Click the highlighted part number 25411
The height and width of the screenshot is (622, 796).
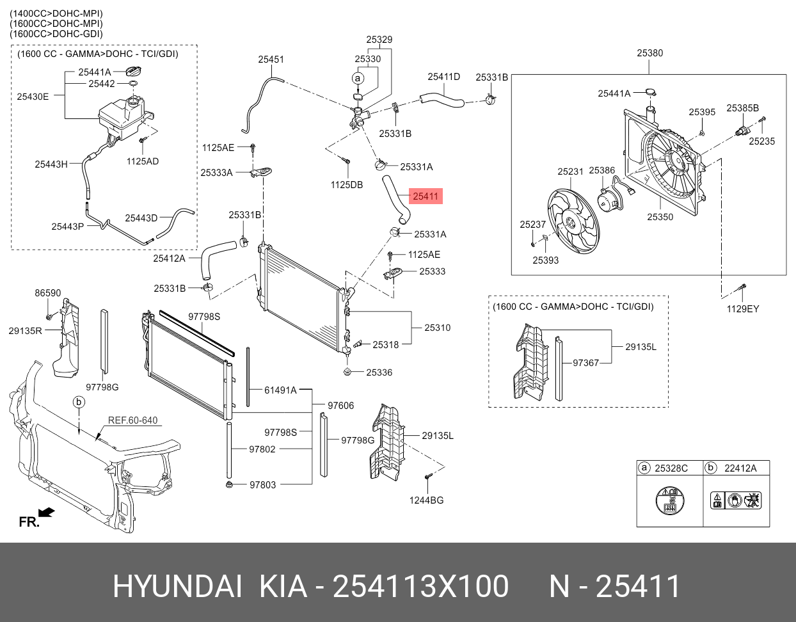(x=426, y=196)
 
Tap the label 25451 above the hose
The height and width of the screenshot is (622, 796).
(x=271, y=60)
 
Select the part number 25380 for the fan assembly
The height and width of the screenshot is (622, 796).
(x=649, y=53)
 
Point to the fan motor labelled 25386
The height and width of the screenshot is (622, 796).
(x=609, y=201)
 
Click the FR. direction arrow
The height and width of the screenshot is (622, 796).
(x=46, y=513)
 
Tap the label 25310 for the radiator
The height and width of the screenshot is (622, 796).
(x=437, y=328)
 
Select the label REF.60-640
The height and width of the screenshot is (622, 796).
(x=132, y=420)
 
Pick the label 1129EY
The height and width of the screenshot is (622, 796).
(x=742, y=309)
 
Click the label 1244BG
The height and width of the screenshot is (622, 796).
(x=426, y=500)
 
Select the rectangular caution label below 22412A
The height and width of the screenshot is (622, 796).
(x=736, y=500)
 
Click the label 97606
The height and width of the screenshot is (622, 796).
(x=340, y=406)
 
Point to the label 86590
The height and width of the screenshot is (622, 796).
(x=48, y=293)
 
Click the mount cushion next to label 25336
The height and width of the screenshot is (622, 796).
(x=347, y=371)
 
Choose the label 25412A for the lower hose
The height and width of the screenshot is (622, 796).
(x=169, y=259)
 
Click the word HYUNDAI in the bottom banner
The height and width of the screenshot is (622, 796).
(x=177, y=586)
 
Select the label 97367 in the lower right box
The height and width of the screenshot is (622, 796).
(x=585, y=363)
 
